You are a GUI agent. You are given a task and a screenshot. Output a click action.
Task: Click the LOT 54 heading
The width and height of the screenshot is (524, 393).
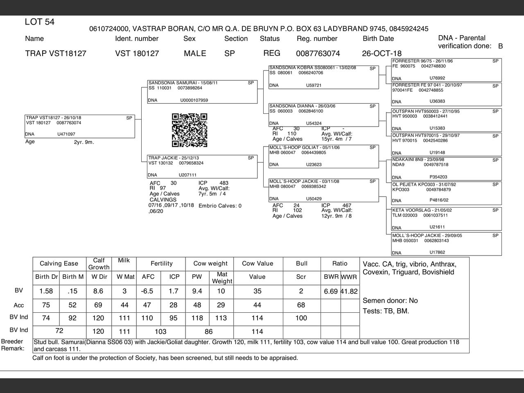tap(40, 22)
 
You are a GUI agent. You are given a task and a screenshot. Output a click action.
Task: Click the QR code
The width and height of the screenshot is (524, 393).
tap(190, 130)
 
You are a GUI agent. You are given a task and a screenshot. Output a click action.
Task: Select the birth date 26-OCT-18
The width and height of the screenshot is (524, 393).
tap(382, 54)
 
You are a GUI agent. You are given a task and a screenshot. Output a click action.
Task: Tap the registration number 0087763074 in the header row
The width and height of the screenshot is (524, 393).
tap(318, 54)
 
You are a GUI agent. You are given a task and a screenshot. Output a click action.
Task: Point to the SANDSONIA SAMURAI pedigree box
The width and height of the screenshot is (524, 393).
tap(202, 91)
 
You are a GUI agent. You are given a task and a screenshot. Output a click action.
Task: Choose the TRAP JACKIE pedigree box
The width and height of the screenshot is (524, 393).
tap(202, 166)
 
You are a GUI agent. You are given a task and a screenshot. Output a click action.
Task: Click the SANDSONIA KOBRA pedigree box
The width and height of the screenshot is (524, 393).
tap(323, 77)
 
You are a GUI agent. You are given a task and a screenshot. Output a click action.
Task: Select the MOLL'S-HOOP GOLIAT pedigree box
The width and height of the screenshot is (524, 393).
tap(323, 156)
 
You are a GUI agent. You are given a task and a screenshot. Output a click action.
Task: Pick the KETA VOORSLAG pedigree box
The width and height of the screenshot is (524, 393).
tap(446, 219)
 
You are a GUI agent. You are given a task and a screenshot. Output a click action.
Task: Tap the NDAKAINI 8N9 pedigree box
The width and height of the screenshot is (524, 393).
tap(446, 168)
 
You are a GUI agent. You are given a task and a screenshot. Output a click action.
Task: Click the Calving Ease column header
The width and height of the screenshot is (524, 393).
tap(59, 264)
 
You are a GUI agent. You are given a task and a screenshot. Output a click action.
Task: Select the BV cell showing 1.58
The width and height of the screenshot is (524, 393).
tap(46, 291)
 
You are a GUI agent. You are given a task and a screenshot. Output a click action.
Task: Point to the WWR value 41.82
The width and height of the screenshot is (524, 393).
tap(349, 291)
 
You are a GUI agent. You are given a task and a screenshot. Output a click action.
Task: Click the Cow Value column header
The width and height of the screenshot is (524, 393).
tap(257, 264)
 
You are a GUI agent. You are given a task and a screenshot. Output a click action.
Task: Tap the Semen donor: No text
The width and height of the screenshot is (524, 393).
tap(390, 301)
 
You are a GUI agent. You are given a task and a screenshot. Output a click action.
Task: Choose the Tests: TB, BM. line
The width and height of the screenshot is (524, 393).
tap(386, 311)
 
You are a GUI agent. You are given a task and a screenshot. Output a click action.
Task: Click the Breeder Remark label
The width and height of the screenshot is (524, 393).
tap(12, 345)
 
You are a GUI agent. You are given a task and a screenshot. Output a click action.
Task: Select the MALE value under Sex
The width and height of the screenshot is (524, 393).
tap(195, 54)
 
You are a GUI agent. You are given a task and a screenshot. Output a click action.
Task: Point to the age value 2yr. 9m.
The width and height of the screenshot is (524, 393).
tap(84, 142)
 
